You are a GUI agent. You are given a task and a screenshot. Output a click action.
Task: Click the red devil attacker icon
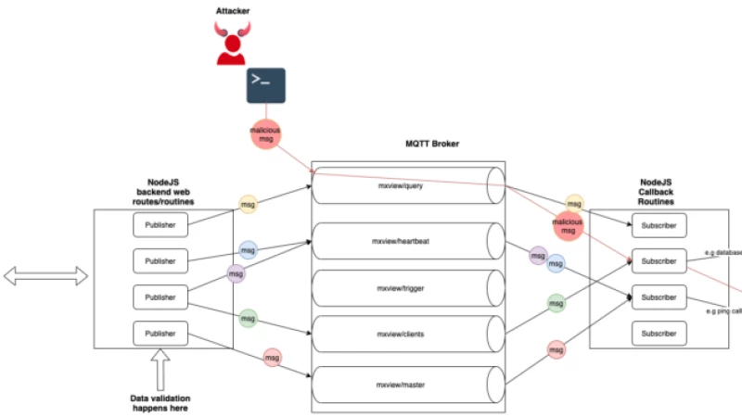232,43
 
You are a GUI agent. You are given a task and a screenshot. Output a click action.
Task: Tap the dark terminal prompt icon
265,85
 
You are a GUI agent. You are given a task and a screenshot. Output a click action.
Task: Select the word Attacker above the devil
232,10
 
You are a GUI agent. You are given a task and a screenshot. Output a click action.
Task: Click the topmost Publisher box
160,224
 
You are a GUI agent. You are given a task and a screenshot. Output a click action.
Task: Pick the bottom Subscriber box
659,332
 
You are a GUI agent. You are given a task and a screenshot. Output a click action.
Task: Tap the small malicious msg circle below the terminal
265,134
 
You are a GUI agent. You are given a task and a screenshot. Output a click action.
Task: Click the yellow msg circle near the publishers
248,202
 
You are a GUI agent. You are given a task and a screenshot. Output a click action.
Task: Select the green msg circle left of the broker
248,317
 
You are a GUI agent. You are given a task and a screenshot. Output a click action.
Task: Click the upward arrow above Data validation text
159,368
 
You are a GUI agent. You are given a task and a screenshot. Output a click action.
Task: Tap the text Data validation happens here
160,402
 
